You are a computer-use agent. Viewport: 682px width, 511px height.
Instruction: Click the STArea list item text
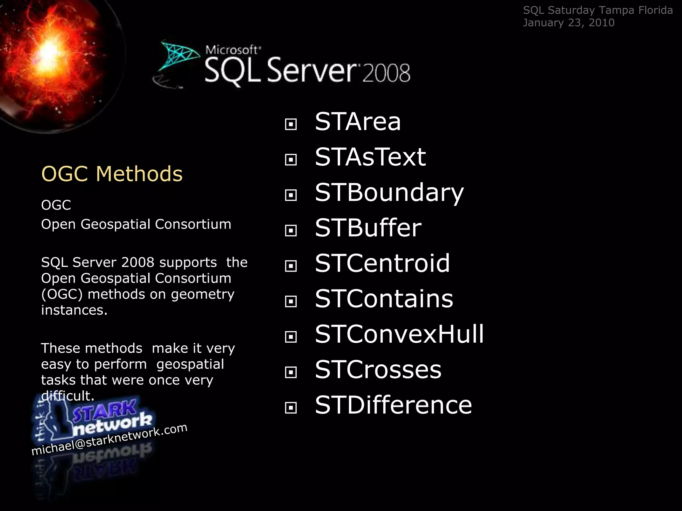click(x=358, y=122)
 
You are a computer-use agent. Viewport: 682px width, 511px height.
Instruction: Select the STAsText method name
click(x=370, y=157)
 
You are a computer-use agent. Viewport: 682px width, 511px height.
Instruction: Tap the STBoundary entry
click(x=389, y=193)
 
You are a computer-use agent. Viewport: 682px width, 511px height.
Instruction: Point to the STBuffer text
click(x=368, y=228)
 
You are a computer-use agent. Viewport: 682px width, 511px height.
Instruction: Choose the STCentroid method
click(x=382, y=263)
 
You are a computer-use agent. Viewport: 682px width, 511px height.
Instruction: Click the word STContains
click(x=384, y=299)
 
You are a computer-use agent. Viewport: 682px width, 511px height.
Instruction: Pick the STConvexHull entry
click(x=399, y=334)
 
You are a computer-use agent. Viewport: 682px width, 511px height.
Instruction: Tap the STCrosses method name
click(x=378, y=370)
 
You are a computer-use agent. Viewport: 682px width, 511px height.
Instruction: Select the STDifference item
click(x=393, y=405)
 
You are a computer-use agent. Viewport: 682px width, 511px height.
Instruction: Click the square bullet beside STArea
click(x=291, y=124)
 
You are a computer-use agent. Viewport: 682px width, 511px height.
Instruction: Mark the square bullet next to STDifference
click(x=291, y=408)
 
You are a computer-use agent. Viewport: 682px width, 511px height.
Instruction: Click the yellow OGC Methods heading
click(x=112, y=174)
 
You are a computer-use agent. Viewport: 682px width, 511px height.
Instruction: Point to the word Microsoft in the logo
click(x=232, y=50)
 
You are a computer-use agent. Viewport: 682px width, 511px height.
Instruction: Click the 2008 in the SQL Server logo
click(x=386, y=73)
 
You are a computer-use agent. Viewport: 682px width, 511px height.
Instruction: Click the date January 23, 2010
click(x=568, y=23)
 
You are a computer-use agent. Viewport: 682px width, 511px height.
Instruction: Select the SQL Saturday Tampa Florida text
click(x=598, y=10)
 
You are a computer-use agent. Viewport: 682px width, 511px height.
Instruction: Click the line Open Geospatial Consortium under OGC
click(x=136, y=224)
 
